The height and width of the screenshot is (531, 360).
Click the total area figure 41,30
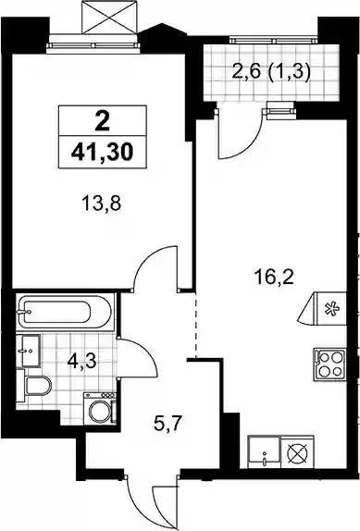(103, 153)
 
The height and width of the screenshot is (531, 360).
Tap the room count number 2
(103, 121)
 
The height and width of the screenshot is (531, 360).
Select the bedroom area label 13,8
(101, 204)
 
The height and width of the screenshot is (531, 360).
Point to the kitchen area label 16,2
(274, 278)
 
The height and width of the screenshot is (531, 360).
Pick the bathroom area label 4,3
(82, 362)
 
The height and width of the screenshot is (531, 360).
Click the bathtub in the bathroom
(64, 312)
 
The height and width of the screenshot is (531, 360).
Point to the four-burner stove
(329, 364)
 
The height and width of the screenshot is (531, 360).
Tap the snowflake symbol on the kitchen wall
(329, 309)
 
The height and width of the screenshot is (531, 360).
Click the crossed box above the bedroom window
(109, 17)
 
